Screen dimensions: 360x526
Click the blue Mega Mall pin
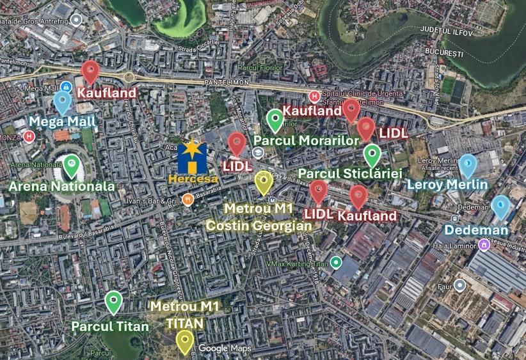click(62, 101)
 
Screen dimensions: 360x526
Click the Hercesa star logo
click(192, 154)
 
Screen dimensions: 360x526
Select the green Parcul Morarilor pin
click(275, 120)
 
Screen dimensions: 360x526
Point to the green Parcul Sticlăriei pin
click(372, 155)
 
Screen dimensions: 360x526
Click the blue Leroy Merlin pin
click(468, 165)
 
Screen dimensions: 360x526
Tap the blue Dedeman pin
click(500, 207)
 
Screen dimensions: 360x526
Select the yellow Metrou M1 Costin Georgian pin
click(263, 183)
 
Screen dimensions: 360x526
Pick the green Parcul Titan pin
click(113, 301)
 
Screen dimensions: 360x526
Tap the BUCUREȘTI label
click(443, 52)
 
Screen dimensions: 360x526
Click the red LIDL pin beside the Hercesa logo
click(237, 144)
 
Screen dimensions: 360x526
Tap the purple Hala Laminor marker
click(483, 245)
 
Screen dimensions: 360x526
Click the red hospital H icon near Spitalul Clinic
click(314, 97)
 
